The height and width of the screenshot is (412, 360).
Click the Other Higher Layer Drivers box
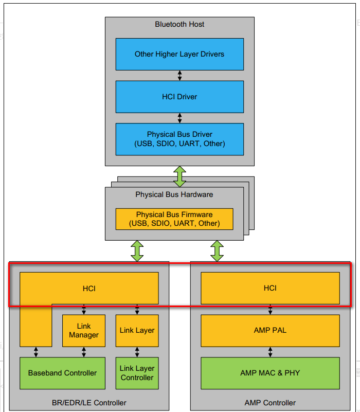[179, 54]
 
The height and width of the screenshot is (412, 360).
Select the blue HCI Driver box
[179, 97]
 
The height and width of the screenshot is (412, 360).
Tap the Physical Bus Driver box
[179, 139]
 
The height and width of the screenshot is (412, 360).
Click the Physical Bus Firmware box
[174, 219]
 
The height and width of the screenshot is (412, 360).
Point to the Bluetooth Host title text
[179, 24]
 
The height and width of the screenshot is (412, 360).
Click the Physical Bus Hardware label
[174, 194]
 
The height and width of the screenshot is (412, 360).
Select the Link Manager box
[84, 331]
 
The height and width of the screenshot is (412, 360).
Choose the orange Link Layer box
[137, 331]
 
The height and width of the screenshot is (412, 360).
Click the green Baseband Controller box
[62, 373]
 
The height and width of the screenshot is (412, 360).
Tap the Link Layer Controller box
[137, 373]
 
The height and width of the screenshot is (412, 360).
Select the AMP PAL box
[270, 330]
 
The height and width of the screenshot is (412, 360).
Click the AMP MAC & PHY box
[270, 373]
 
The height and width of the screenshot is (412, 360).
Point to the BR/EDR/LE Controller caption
[89, 402]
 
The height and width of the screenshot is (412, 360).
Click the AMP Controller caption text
[270, 402]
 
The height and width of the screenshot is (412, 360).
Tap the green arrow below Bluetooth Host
[179, 176]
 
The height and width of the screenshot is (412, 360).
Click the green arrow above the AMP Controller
[217, 250]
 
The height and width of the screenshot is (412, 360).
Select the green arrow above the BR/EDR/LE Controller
[137, 250]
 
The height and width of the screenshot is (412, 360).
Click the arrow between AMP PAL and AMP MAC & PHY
[270, 352]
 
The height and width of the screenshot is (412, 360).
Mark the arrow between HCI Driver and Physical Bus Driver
[179, 118]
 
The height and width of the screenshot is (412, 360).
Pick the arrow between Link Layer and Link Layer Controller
[137, 352]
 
